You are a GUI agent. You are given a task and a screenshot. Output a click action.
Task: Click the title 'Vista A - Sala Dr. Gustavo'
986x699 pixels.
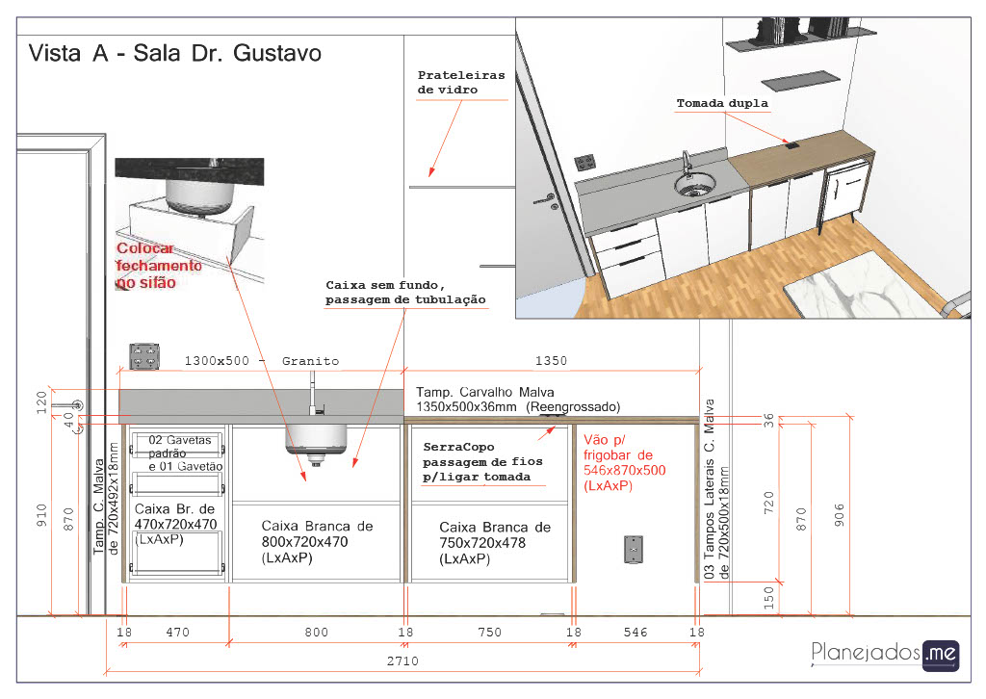coord(174,53)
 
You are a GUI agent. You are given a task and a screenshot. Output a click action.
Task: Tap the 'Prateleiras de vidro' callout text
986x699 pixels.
coord(461,83)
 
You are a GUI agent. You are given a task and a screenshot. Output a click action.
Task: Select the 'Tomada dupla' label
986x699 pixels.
coord(722,103)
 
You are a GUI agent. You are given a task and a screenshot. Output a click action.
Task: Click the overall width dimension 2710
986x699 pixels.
coord(402,661)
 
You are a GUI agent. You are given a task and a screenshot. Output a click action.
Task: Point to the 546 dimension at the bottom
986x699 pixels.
coord(636,633)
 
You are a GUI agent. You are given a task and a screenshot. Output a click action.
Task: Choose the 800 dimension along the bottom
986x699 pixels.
coord(316,633)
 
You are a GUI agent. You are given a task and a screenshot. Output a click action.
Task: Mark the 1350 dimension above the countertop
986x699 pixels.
coord(551,361)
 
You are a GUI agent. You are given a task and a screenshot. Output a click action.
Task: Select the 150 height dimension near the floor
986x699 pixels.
coord(768,598)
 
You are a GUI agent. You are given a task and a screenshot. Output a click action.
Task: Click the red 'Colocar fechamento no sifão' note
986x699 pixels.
coord(160,266)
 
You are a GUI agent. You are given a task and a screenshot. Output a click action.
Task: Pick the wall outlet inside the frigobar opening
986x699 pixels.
coord(633,549)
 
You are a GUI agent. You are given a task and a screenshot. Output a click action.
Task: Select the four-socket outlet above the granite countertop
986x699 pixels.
coord(144,355)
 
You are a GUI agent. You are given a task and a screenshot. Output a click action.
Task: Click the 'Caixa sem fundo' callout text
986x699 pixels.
coord(405,293)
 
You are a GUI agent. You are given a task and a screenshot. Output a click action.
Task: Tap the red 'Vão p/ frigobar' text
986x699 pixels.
coord(624,463)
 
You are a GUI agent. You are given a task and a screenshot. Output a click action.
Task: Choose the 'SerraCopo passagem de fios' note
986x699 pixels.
coord(483,463)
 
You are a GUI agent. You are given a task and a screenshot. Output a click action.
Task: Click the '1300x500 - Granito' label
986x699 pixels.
coord(262,361)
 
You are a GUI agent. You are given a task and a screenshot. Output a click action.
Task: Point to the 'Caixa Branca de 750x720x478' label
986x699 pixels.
coord(495,543)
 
